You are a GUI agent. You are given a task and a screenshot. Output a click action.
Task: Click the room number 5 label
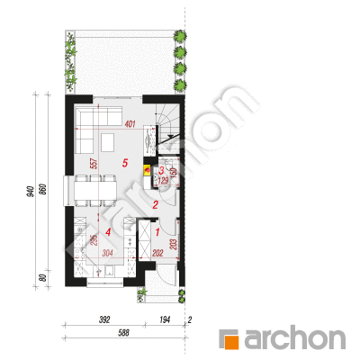click(125, 163)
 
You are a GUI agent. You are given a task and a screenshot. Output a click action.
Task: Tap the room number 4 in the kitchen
click(108, 232)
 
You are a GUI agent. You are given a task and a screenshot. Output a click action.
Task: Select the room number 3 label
click(161, 171)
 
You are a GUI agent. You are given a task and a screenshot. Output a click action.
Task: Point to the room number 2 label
click(156, 205)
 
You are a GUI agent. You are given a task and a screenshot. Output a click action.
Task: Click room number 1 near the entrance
click(157, 232)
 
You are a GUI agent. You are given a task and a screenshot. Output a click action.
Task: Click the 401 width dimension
click(130, 124)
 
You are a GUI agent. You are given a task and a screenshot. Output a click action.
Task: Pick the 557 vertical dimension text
click(94, 164)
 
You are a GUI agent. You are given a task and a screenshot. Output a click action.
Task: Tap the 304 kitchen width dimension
click(107, 254)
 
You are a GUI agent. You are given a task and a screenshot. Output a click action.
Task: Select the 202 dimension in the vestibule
click(157, 254)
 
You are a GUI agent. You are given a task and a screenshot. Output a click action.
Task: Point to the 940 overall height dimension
click(31, 191)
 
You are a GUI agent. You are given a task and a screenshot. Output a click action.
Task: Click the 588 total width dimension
click(123, 332)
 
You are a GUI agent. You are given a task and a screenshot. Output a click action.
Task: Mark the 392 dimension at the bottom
click(104, 319)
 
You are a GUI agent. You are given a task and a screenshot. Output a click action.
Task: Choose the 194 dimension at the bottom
click(165, 319)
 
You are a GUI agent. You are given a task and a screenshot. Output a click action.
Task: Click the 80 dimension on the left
click(42, 278)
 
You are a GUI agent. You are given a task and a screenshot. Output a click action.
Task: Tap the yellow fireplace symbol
click(148, 170)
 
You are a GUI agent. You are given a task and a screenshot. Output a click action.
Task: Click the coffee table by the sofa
click(107, 142)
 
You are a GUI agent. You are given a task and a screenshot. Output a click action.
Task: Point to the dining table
click(95, 191)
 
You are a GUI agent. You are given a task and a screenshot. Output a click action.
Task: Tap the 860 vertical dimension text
click(42, 189)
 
